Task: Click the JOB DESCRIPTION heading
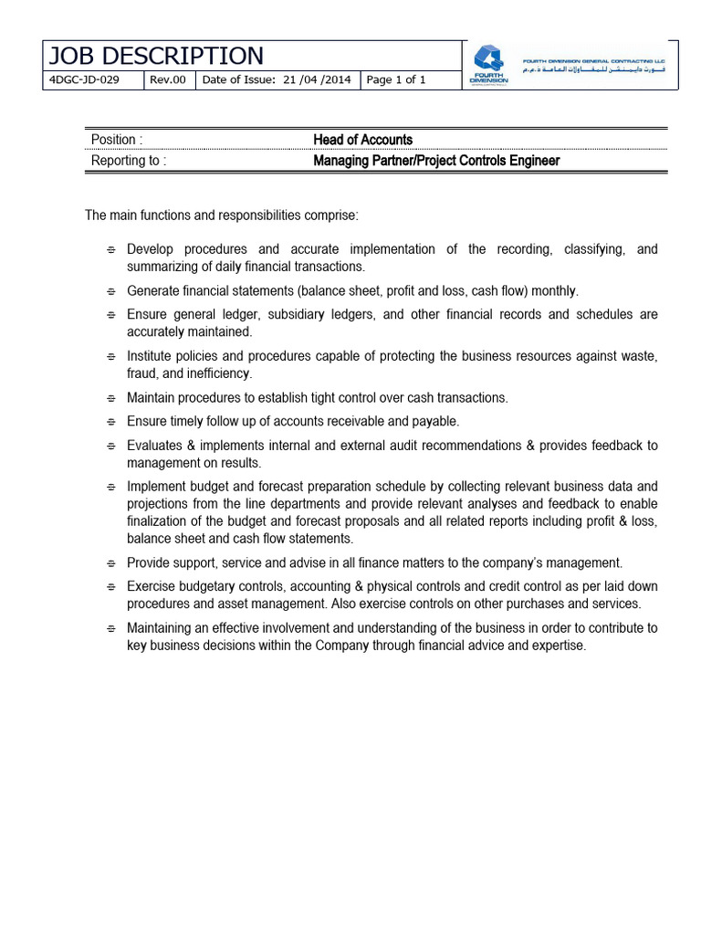click(x=155, y=56)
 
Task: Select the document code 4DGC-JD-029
click(x=83, y=80)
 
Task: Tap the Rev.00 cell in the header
click(x=168, y=80)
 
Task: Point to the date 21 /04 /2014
click(x=317, y=80)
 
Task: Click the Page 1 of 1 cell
click(x=396, y=80)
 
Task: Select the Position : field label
click(x=117, y=140)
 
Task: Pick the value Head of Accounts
click(x=362, y=140)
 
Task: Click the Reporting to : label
click(x=129, y=161)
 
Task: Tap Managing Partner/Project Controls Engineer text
click(x=436, y=161)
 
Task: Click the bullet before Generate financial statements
click(x=110, y=292)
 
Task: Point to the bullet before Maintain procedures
click(x=110, y=399)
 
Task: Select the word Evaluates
click(x=156, y=446)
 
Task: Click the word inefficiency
click(x=219, y=373)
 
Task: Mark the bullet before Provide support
click(x=110, y=563)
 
